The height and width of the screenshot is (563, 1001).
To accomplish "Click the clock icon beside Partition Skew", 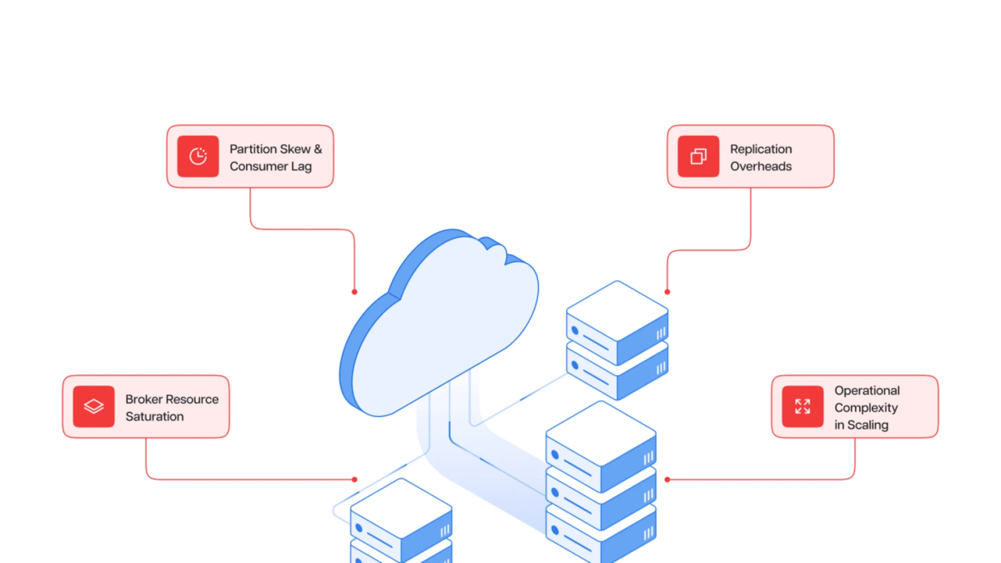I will click(198, 156).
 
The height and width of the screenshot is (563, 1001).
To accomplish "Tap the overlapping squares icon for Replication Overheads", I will click(698, 156).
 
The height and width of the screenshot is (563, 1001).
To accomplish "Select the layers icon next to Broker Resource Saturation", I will click(94, 407).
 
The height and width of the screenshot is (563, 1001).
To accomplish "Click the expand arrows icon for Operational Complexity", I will click(802, 407).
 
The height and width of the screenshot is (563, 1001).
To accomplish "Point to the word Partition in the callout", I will click(253, 149).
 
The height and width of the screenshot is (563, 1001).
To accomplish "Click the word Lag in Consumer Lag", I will click(301, 167).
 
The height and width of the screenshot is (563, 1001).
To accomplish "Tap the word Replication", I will click(761, 149).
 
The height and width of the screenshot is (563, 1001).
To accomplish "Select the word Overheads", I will click(761, 166).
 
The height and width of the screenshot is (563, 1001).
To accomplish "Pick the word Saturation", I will click(154, 417).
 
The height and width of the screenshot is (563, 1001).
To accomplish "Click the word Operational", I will click(867, 390).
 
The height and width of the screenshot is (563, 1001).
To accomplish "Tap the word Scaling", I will click(868, 425).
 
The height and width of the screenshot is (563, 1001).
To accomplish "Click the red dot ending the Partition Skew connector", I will click(355, 292).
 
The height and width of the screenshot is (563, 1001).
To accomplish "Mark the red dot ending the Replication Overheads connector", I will click(667, 292).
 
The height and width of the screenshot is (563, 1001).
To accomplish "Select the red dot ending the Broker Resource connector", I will click(355, 480).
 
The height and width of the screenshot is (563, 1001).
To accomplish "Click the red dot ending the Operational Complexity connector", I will click(667, 480).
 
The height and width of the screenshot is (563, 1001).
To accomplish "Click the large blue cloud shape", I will click(443, 323).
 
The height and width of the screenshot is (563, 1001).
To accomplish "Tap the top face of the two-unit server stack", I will click(617, 310).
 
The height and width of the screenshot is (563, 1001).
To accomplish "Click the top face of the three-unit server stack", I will click(601, 433).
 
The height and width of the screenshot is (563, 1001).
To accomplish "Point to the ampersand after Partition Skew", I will click(318, 149).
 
